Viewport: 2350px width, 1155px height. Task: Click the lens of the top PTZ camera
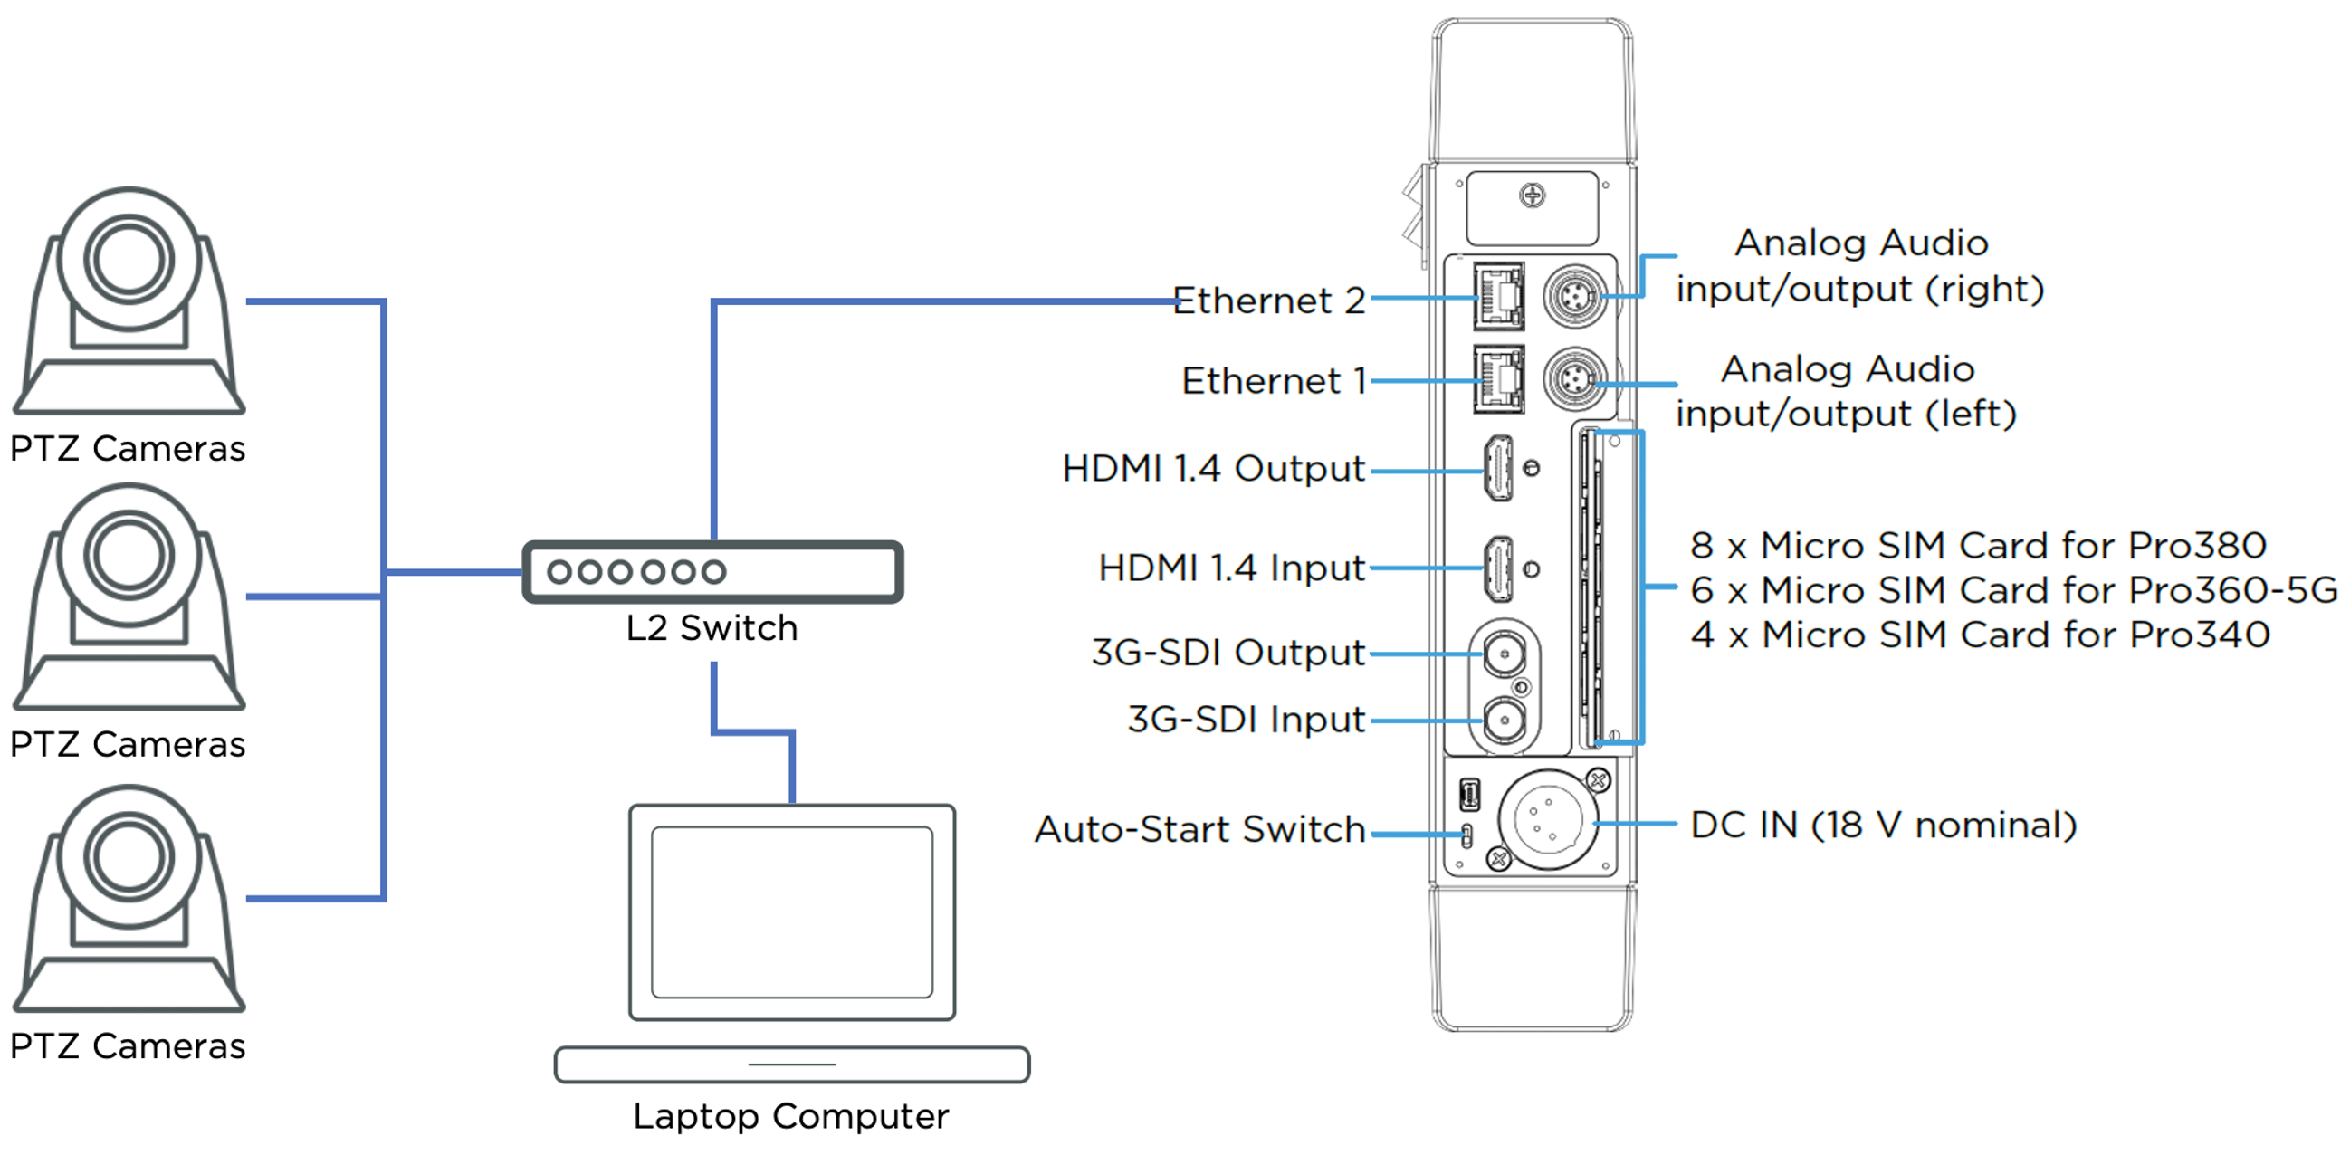click(129, 259)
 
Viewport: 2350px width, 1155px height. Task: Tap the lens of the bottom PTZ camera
click(129, 857)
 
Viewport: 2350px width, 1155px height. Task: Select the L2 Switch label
click(712, 627)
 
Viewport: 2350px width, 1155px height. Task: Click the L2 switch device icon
click(712, 572)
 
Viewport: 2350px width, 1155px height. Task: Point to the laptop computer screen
click(792, 912)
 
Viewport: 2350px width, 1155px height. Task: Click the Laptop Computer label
click(791, 1116)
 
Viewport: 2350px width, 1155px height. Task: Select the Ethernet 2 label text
click(1268, 301)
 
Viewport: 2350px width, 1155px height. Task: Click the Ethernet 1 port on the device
click(1499, 379)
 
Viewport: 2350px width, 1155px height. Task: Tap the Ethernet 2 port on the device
click(1499, 297)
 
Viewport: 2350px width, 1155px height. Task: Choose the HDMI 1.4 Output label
click(1213, 468)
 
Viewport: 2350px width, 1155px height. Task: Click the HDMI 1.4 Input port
click(1499, 568)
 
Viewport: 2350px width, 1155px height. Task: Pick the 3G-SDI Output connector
click(1504, 654)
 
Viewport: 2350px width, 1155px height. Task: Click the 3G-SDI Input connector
click(1504, 721)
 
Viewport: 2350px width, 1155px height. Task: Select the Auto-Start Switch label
click(1199, 829)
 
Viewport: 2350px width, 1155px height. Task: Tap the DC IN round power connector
click(1548, 819)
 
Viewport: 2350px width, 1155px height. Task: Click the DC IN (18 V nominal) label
click(1883, 825)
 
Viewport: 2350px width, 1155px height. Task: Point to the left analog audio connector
click(1572, 378)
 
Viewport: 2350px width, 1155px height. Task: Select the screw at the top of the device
click(1533, 196)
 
